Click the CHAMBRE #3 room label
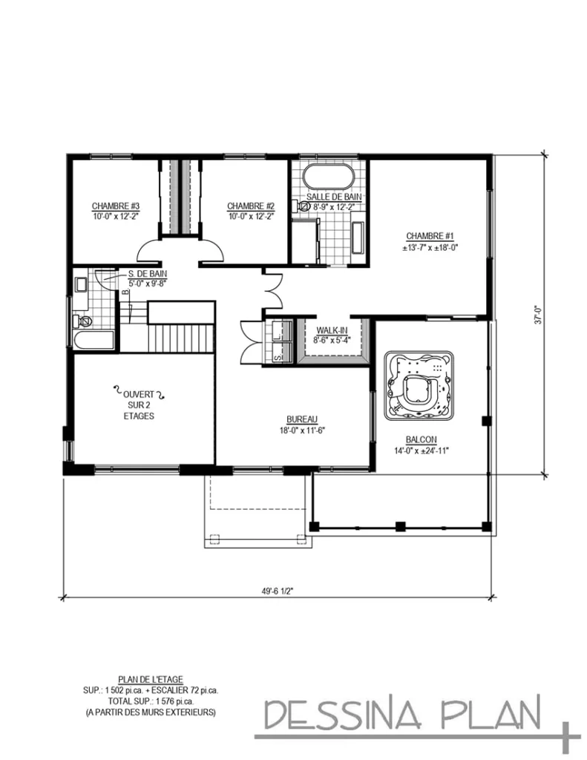116,206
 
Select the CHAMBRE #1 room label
430,235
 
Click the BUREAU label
301,419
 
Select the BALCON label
421,439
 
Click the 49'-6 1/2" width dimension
279,591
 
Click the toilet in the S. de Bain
82,321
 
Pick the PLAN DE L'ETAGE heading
151,678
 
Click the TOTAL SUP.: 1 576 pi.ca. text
151,701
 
